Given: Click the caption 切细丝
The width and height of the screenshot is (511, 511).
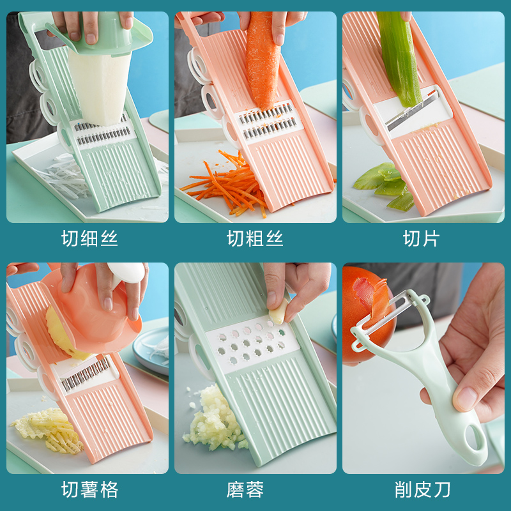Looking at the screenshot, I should [89, 239].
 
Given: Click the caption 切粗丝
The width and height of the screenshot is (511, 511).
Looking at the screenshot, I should [255, 239].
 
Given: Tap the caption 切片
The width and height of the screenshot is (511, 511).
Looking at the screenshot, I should [421, 239].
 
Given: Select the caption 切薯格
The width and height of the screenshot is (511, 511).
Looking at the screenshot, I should [89, 490].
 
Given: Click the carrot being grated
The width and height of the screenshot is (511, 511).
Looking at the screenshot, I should [263, 61].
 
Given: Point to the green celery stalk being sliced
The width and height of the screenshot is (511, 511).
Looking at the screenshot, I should [399, 57].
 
